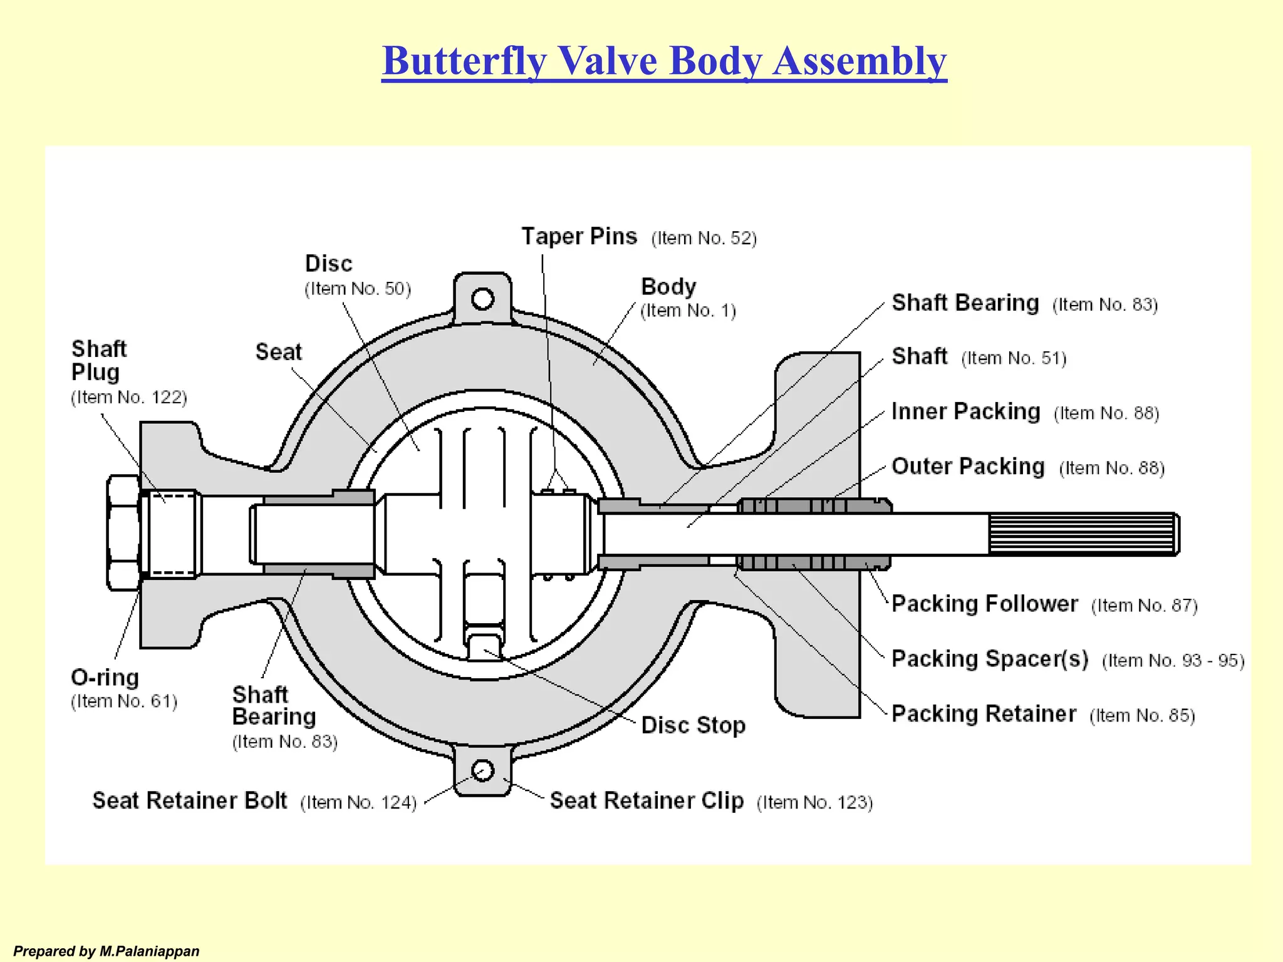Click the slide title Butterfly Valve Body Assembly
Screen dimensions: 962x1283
point(664,61)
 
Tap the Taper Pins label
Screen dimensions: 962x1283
point(579,237)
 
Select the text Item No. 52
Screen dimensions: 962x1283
point(704,239)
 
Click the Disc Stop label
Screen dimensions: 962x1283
point(693,725)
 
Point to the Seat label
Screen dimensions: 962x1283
point(278,352)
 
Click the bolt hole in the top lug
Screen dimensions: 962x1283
point(482,299)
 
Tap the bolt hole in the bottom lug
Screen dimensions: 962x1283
point(482,770)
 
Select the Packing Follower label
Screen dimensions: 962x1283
point(984,604)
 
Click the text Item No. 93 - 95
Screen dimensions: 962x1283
point(1173,661)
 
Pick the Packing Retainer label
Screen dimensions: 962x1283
point(984,714)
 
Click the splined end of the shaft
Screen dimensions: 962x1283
point(1083,534)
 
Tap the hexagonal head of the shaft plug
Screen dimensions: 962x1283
point(123,532)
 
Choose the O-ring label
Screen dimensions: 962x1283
point(105,678)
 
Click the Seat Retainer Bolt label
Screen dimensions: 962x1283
point(190,801)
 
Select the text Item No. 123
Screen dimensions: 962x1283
point(814,802)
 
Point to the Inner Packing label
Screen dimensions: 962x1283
point(965,411)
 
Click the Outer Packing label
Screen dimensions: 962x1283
point(968,467)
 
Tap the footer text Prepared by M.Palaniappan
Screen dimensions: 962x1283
point(106,951)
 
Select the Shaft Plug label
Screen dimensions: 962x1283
point(98,360)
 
